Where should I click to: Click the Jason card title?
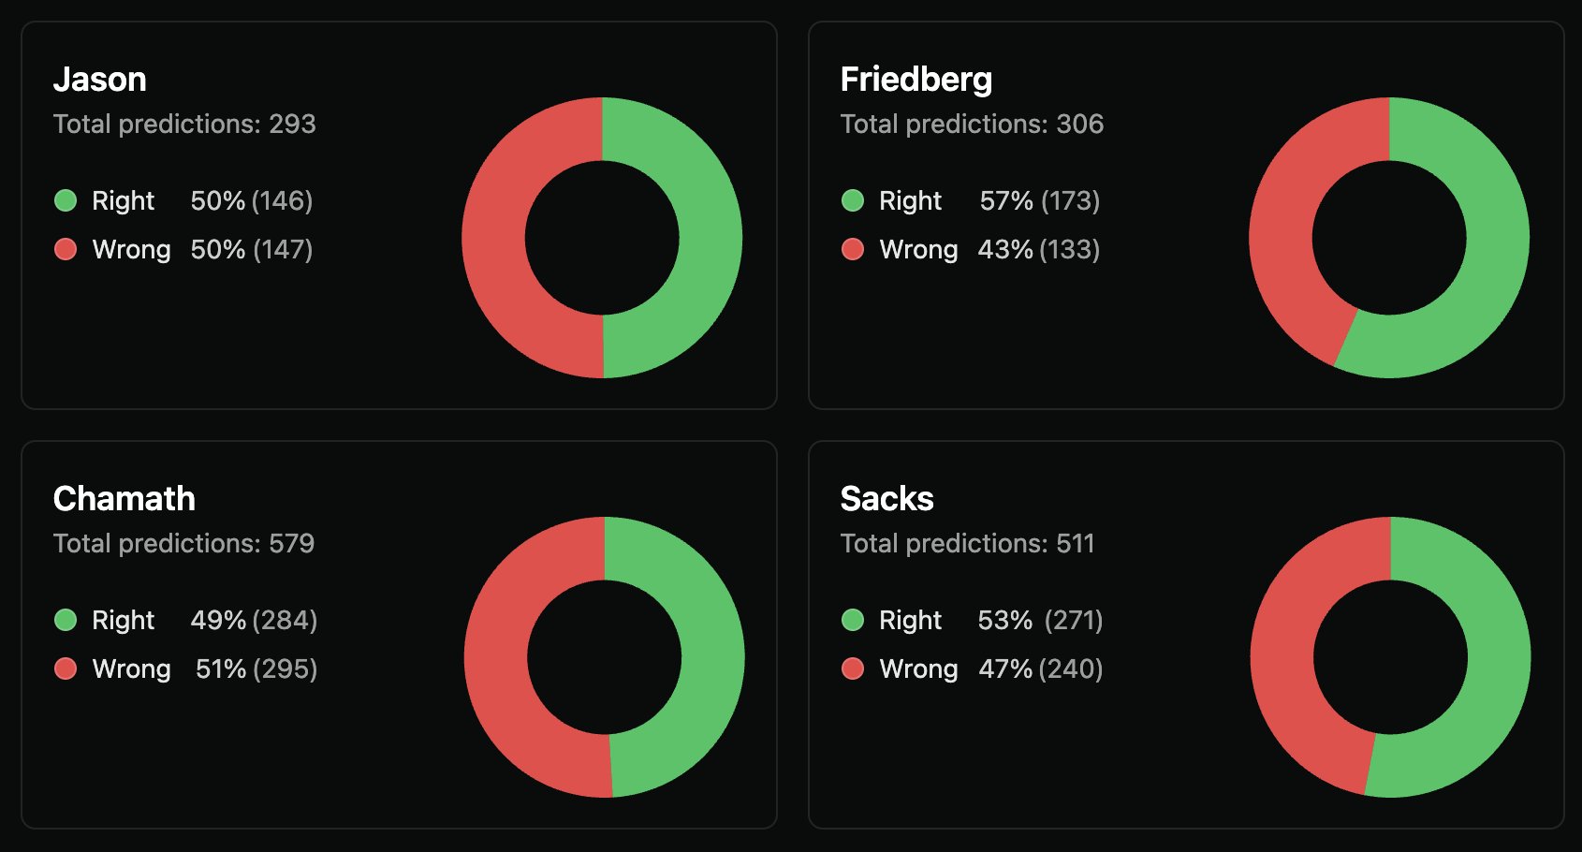(99, 80)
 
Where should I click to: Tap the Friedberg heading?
(916, 80)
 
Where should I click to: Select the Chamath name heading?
(124, 499)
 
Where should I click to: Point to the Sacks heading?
(886, 499)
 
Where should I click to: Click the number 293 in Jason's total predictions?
(292, 124)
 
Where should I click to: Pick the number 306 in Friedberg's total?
(1079, 124)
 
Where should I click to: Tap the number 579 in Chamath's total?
(291, 543)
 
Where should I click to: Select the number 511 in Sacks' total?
(1075, 543)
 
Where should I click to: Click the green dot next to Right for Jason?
(66, 200)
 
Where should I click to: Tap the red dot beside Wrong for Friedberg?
(853, 249)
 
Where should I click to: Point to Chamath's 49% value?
(218, 620)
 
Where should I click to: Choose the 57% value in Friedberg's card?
(1006, 200)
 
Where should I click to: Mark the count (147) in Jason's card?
(282, 249)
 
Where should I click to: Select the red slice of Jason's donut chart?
(493, 238)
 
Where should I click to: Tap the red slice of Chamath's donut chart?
(496, 657)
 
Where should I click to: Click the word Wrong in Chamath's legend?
(131, 668)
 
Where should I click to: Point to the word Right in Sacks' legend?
(910, 620)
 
